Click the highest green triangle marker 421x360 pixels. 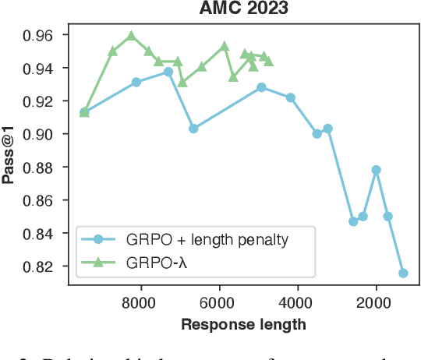click(x=131, y=36)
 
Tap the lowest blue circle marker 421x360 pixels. click(x=403, y=273)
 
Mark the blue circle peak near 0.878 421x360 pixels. click(x=376, y=170)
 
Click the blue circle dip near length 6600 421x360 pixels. click(x=193, y=129)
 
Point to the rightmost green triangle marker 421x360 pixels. click(x=268, y=61)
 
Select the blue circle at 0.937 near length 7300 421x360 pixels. click(x=168, y=72)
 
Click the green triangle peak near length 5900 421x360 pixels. click(x=225, y=47)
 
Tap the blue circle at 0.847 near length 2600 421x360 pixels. click(x=352, y=221)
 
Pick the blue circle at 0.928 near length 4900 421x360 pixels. click(x=261, y=87)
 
